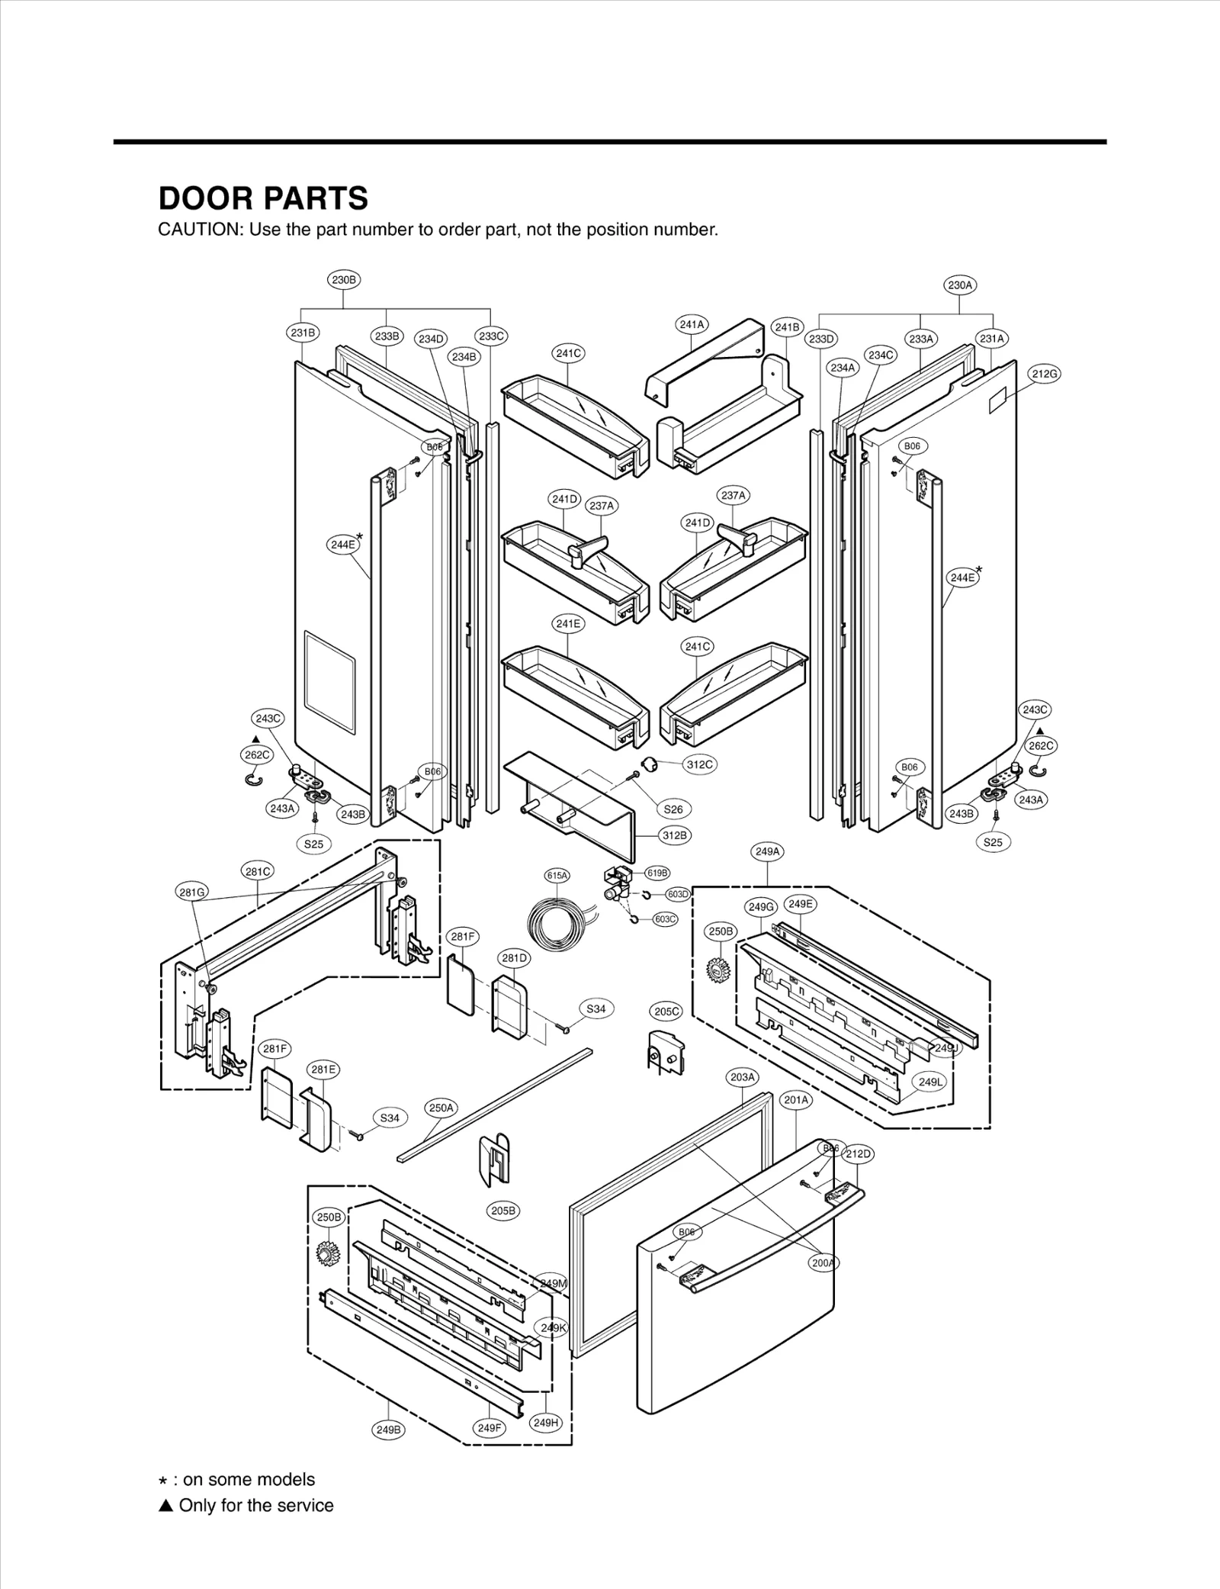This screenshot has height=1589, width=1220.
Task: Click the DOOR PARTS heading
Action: pos(263,198)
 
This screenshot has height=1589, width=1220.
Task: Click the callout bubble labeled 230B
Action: pos(344,280)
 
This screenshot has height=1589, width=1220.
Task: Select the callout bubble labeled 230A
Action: pos(960,285)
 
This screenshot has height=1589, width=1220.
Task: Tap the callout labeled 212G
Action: pos(1045,374)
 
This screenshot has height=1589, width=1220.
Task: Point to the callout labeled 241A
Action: pos(692,324)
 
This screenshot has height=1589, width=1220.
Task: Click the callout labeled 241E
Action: pos(568,623)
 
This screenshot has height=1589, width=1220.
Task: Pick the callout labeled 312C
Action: pos(699,764)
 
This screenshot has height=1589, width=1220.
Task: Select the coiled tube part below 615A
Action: pos(557,925)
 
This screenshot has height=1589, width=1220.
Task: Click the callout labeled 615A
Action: pos(557,876)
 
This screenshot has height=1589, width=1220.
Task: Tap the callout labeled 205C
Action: pos(666,1012)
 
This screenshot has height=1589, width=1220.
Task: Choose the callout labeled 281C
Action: pos(257,871)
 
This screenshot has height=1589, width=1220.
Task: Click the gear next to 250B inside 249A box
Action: pos(718,970)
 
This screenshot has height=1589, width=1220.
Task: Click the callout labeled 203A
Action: pos(742,1077)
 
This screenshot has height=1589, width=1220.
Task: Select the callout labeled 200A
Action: pos(823,1263)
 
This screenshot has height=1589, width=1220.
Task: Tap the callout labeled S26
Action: pos(673,809)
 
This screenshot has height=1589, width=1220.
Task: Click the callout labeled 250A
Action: pos(441,1108)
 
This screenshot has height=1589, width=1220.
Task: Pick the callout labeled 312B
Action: pos(675,835)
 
